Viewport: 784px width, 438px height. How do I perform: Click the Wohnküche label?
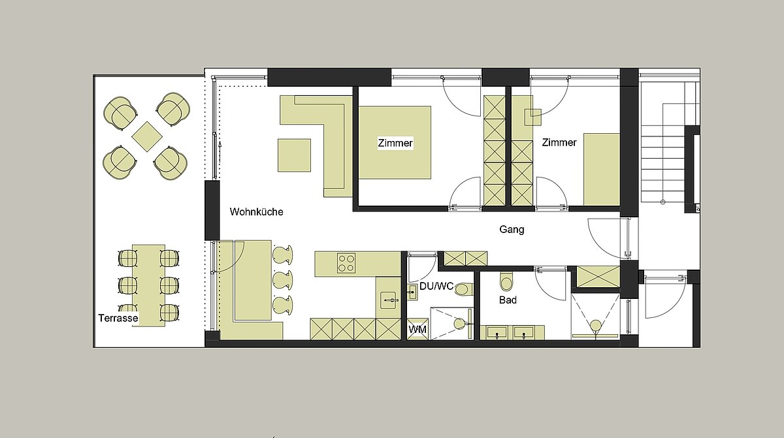256,212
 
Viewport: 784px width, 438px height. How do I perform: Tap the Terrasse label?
118,318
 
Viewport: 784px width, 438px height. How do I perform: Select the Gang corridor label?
512,230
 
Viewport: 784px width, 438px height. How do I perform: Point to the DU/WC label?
436,287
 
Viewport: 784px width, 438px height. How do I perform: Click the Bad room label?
508,300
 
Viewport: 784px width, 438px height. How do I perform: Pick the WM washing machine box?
417,329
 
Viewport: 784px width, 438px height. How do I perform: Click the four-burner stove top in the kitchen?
346,263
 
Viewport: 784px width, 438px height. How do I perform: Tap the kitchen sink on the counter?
388,300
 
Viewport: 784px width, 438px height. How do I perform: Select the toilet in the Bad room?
506,281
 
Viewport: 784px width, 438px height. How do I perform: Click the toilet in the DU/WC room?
463,290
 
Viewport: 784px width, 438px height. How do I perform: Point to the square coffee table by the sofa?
295,155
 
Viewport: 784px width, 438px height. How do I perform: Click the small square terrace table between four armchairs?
147,136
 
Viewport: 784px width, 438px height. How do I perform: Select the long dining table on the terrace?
149,286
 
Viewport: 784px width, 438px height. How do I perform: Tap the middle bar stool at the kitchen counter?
282,279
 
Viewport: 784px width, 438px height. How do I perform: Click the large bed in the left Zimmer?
395,142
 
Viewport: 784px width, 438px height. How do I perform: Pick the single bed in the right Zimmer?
602,169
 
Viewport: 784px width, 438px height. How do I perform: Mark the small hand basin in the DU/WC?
412,292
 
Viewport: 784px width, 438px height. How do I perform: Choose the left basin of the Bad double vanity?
497,332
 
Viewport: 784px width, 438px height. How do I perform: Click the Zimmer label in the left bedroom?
395,143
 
